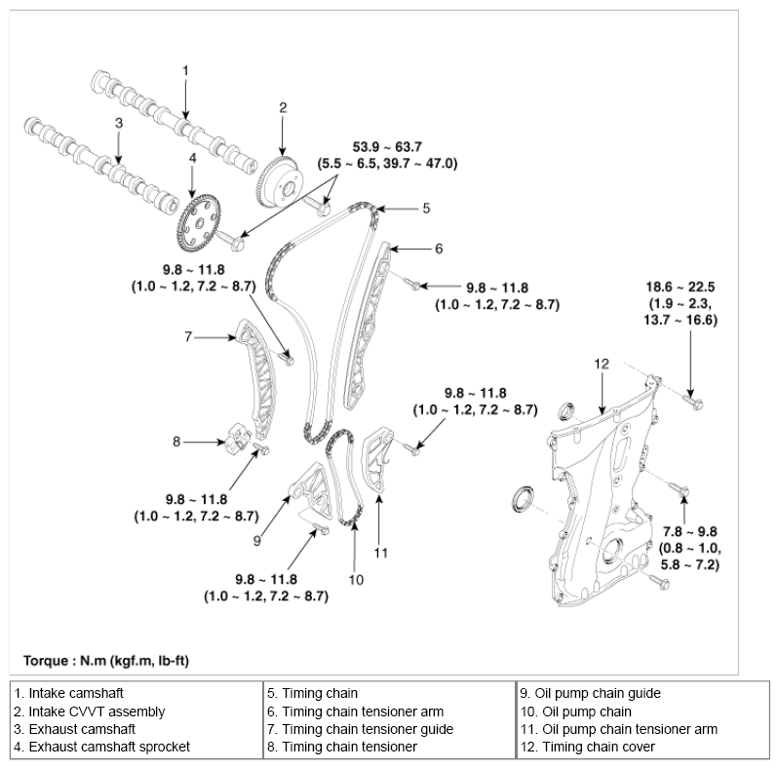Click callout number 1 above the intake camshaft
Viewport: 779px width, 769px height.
185,69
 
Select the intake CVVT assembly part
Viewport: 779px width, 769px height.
280,179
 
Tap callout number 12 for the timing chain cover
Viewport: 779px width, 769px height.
602,364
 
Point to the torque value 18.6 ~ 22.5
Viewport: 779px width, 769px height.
682,288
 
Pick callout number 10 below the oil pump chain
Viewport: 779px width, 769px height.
356,578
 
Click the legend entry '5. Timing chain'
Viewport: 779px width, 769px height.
312,694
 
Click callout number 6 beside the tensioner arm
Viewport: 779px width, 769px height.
439,249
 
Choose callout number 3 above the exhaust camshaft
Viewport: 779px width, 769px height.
118,124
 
